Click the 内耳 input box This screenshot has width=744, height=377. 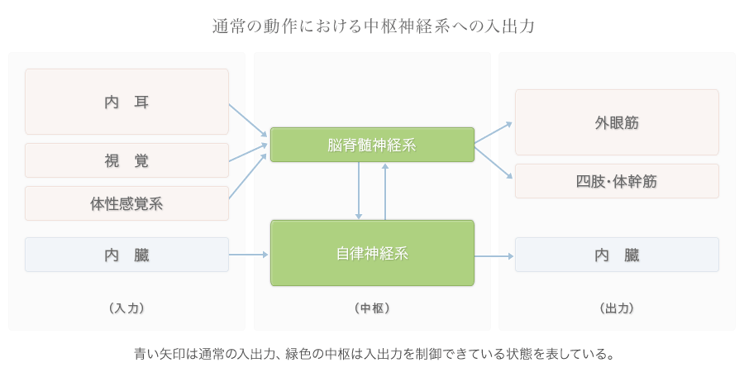click(x=126, y=102)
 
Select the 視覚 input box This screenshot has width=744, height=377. click(x=126, y=160)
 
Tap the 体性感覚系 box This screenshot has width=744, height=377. click(x=126, y=203)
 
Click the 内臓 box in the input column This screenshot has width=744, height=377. click(x=126, y=255)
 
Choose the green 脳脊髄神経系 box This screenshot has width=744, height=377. click(x=372, y=145)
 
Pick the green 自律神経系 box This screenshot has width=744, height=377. click(x=372, y=253)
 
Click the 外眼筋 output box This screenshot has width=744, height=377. click(x=617, y=122)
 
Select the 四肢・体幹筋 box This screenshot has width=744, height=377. click(x=617, y=181)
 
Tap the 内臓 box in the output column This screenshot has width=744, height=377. click(x=617, y=255)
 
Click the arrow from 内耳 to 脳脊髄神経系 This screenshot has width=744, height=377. click(x=248, y=120)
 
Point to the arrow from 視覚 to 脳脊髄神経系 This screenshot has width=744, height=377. click(x=248, y=152)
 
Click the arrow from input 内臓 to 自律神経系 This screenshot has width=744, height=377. click(x=249, y=255)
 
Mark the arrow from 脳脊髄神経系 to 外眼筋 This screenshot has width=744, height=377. click(x=494, y=133)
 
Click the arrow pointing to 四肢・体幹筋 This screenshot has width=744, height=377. click(x=494, y=161)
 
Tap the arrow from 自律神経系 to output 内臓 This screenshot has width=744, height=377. click(x=494, y=256)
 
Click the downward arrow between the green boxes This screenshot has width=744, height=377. click(x=359, y=190)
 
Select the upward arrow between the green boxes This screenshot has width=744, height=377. click(x=385, y=191)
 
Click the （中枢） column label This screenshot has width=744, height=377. click(x=372, y=308)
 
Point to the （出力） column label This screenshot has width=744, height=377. click(x=617, y=308)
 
